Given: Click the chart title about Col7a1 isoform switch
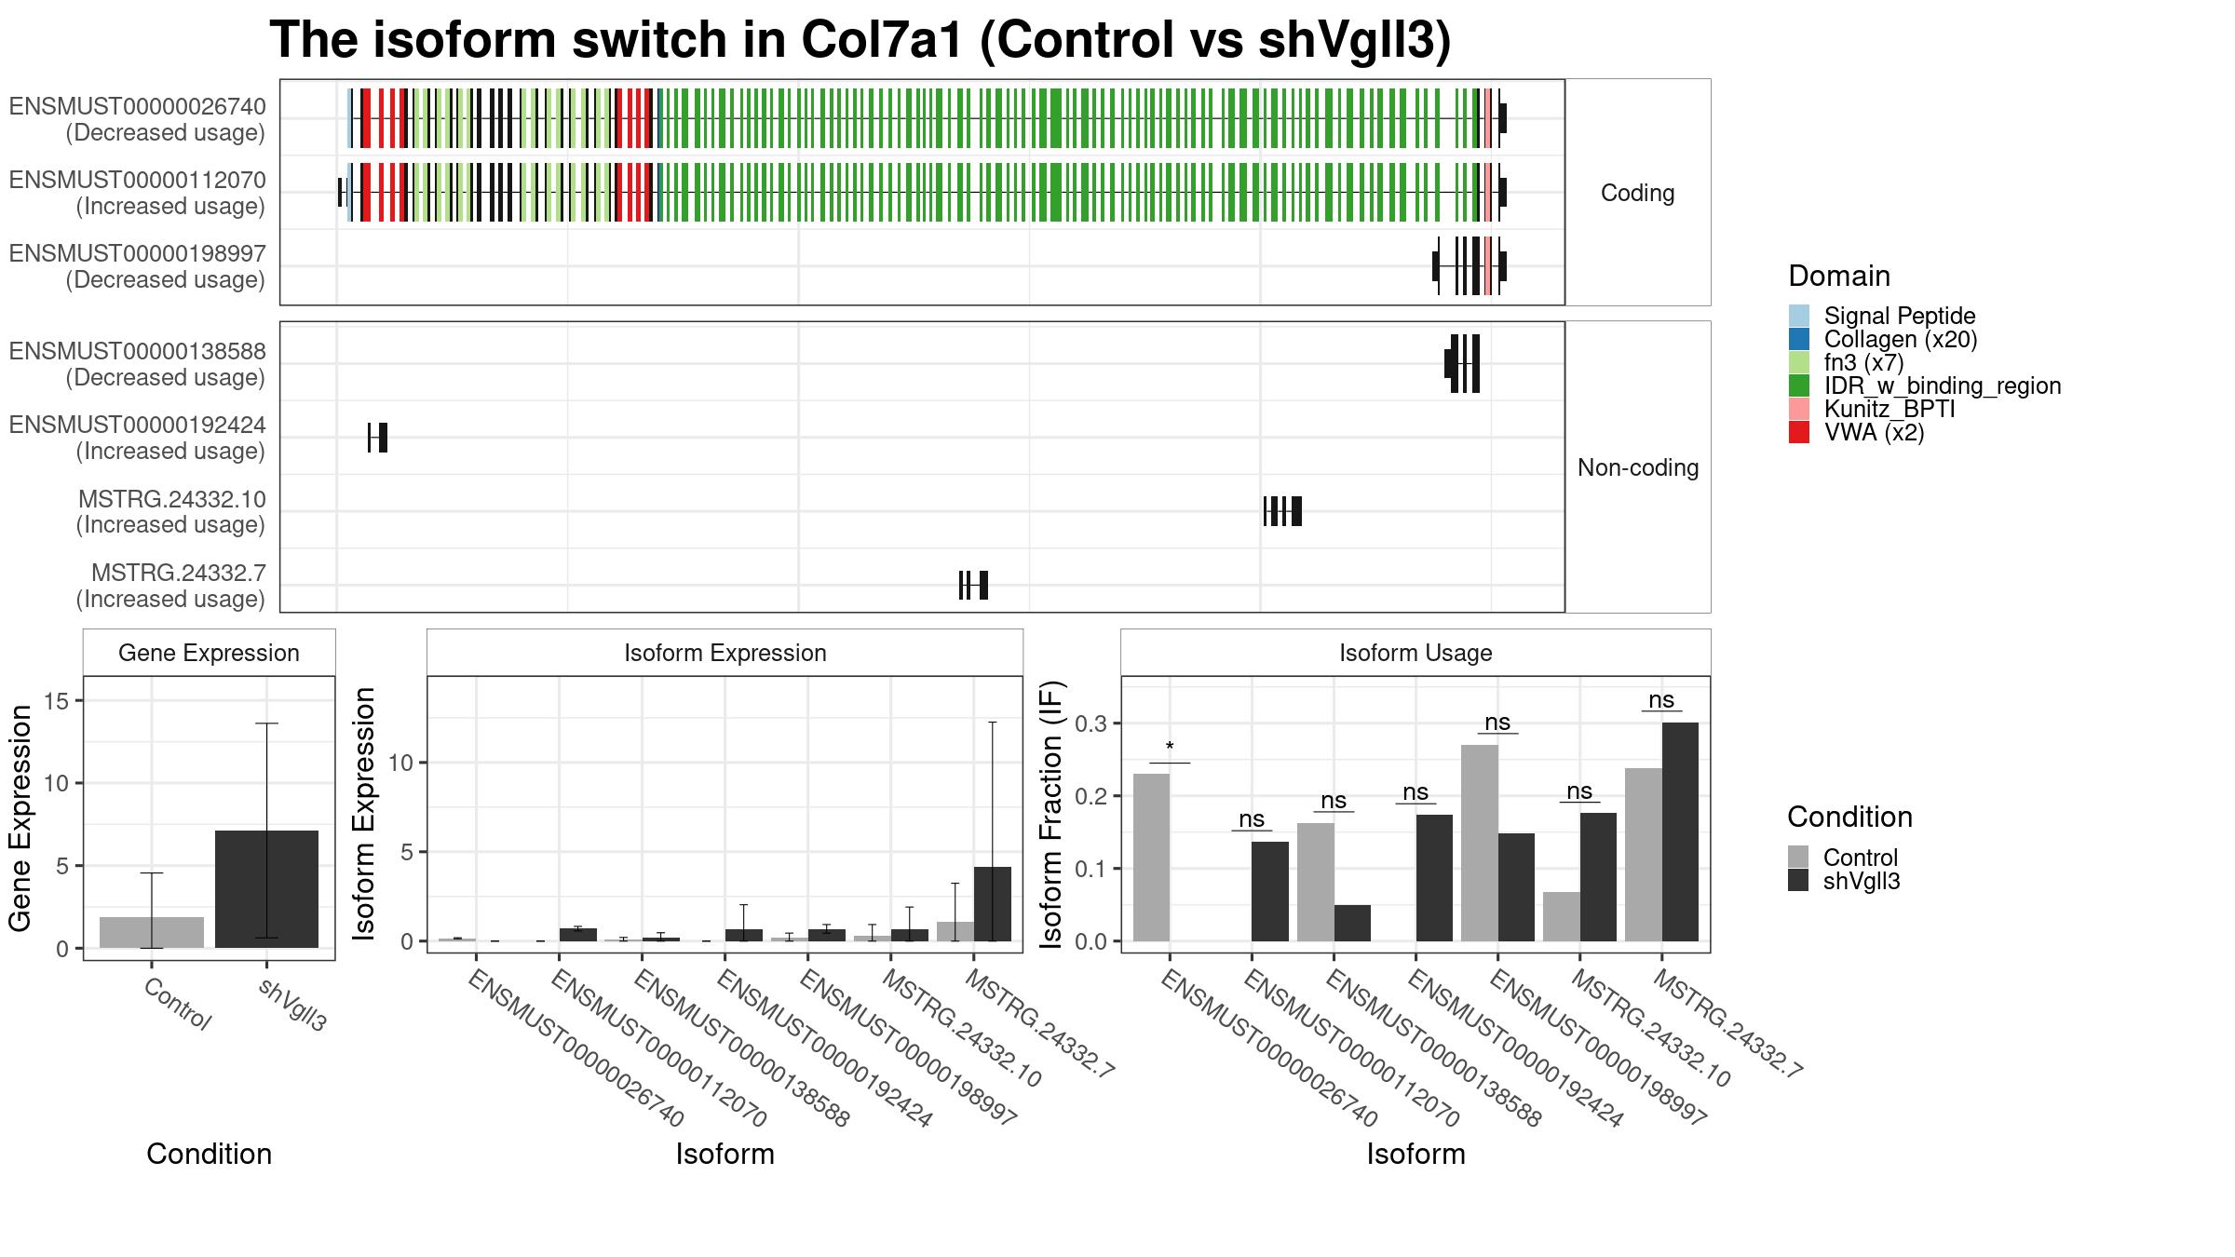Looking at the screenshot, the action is (860, 40).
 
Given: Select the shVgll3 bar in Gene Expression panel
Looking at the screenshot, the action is (266, 889).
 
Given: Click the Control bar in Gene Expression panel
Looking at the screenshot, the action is (152, 933).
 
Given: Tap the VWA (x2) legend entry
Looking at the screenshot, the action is (1856, 433).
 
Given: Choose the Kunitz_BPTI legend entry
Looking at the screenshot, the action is (1872, 410).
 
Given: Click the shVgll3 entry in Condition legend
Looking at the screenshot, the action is (1844, 881).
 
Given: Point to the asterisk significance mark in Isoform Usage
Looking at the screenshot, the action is (1170, 748).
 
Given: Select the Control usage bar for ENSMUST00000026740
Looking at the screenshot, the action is (1151, 858).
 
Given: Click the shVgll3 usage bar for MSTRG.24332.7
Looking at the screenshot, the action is (1680, 831).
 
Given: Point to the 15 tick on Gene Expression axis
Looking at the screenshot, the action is (57, 701).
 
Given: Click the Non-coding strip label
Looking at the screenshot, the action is (1638, 467).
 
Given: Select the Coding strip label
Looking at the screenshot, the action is (1637, 193).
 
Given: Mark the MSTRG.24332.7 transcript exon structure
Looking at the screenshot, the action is (973, 585).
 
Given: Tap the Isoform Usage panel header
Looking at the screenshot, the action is (1415, 653).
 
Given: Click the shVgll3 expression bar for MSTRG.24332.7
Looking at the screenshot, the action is (992, 904).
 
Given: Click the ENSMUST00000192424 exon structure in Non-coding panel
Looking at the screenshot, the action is (377, 438).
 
